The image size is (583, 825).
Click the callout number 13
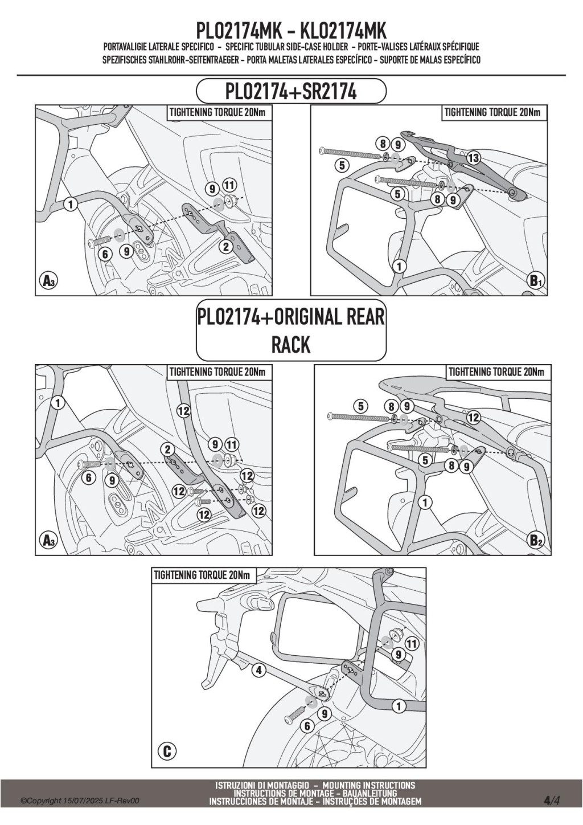[473, 158]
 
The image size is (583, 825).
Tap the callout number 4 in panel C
[258, 670]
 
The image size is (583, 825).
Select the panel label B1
[536, 280]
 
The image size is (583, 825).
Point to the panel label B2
[536, 540]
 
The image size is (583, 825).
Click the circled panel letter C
[167, 751]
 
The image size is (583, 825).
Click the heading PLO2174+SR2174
[291, 91]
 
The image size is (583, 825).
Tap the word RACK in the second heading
[291, 344]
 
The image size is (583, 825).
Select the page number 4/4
[552, 801]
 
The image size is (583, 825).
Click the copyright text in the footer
[80, 801]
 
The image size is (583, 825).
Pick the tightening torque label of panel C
[202, 575]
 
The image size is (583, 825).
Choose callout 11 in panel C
[412, 644]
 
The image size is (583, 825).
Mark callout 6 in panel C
[307, 725]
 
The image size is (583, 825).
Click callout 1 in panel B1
[399, 266]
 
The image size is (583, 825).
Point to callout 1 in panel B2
[425, 502]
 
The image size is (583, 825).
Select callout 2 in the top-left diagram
[225, 247]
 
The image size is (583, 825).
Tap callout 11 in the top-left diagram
[229, 185]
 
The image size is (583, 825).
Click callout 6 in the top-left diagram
[105, 254]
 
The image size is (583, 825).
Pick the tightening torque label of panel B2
[496, 373]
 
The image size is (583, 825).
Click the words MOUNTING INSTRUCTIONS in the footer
[372, 785]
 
